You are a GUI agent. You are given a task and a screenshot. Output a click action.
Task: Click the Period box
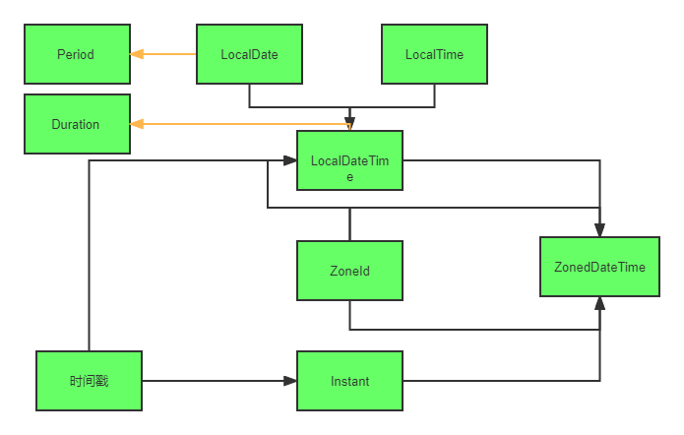point(77,54)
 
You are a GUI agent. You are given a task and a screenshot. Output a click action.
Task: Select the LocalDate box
point(249,54)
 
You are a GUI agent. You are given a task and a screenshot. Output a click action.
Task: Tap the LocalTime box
point(434,54)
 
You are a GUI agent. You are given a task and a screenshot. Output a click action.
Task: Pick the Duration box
point(77,124)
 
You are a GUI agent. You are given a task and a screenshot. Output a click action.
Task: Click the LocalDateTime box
point(349,160)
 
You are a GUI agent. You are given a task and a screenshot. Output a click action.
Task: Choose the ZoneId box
point(349,271)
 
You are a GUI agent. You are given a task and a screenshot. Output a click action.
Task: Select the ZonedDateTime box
point(599,267)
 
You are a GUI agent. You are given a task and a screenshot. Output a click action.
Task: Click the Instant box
point(349,381)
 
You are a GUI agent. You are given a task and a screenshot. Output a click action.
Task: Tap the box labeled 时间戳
point(89,381)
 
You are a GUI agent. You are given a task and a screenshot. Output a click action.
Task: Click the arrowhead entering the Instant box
point(290,381)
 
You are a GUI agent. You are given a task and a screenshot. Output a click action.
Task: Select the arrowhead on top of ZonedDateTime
point(599,230)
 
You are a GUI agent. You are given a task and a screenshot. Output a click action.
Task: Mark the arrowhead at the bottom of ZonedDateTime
point(599,303)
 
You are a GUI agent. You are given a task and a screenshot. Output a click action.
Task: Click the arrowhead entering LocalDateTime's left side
point(290,160)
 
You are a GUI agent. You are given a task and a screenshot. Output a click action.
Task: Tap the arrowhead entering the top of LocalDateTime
point(349,124)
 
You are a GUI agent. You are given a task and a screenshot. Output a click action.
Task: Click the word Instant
point(349,381)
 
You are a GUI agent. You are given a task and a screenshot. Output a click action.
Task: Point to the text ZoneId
point(349,271)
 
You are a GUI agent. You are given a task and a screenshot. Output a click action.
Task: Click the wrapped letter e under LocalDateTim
point(349,177)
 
